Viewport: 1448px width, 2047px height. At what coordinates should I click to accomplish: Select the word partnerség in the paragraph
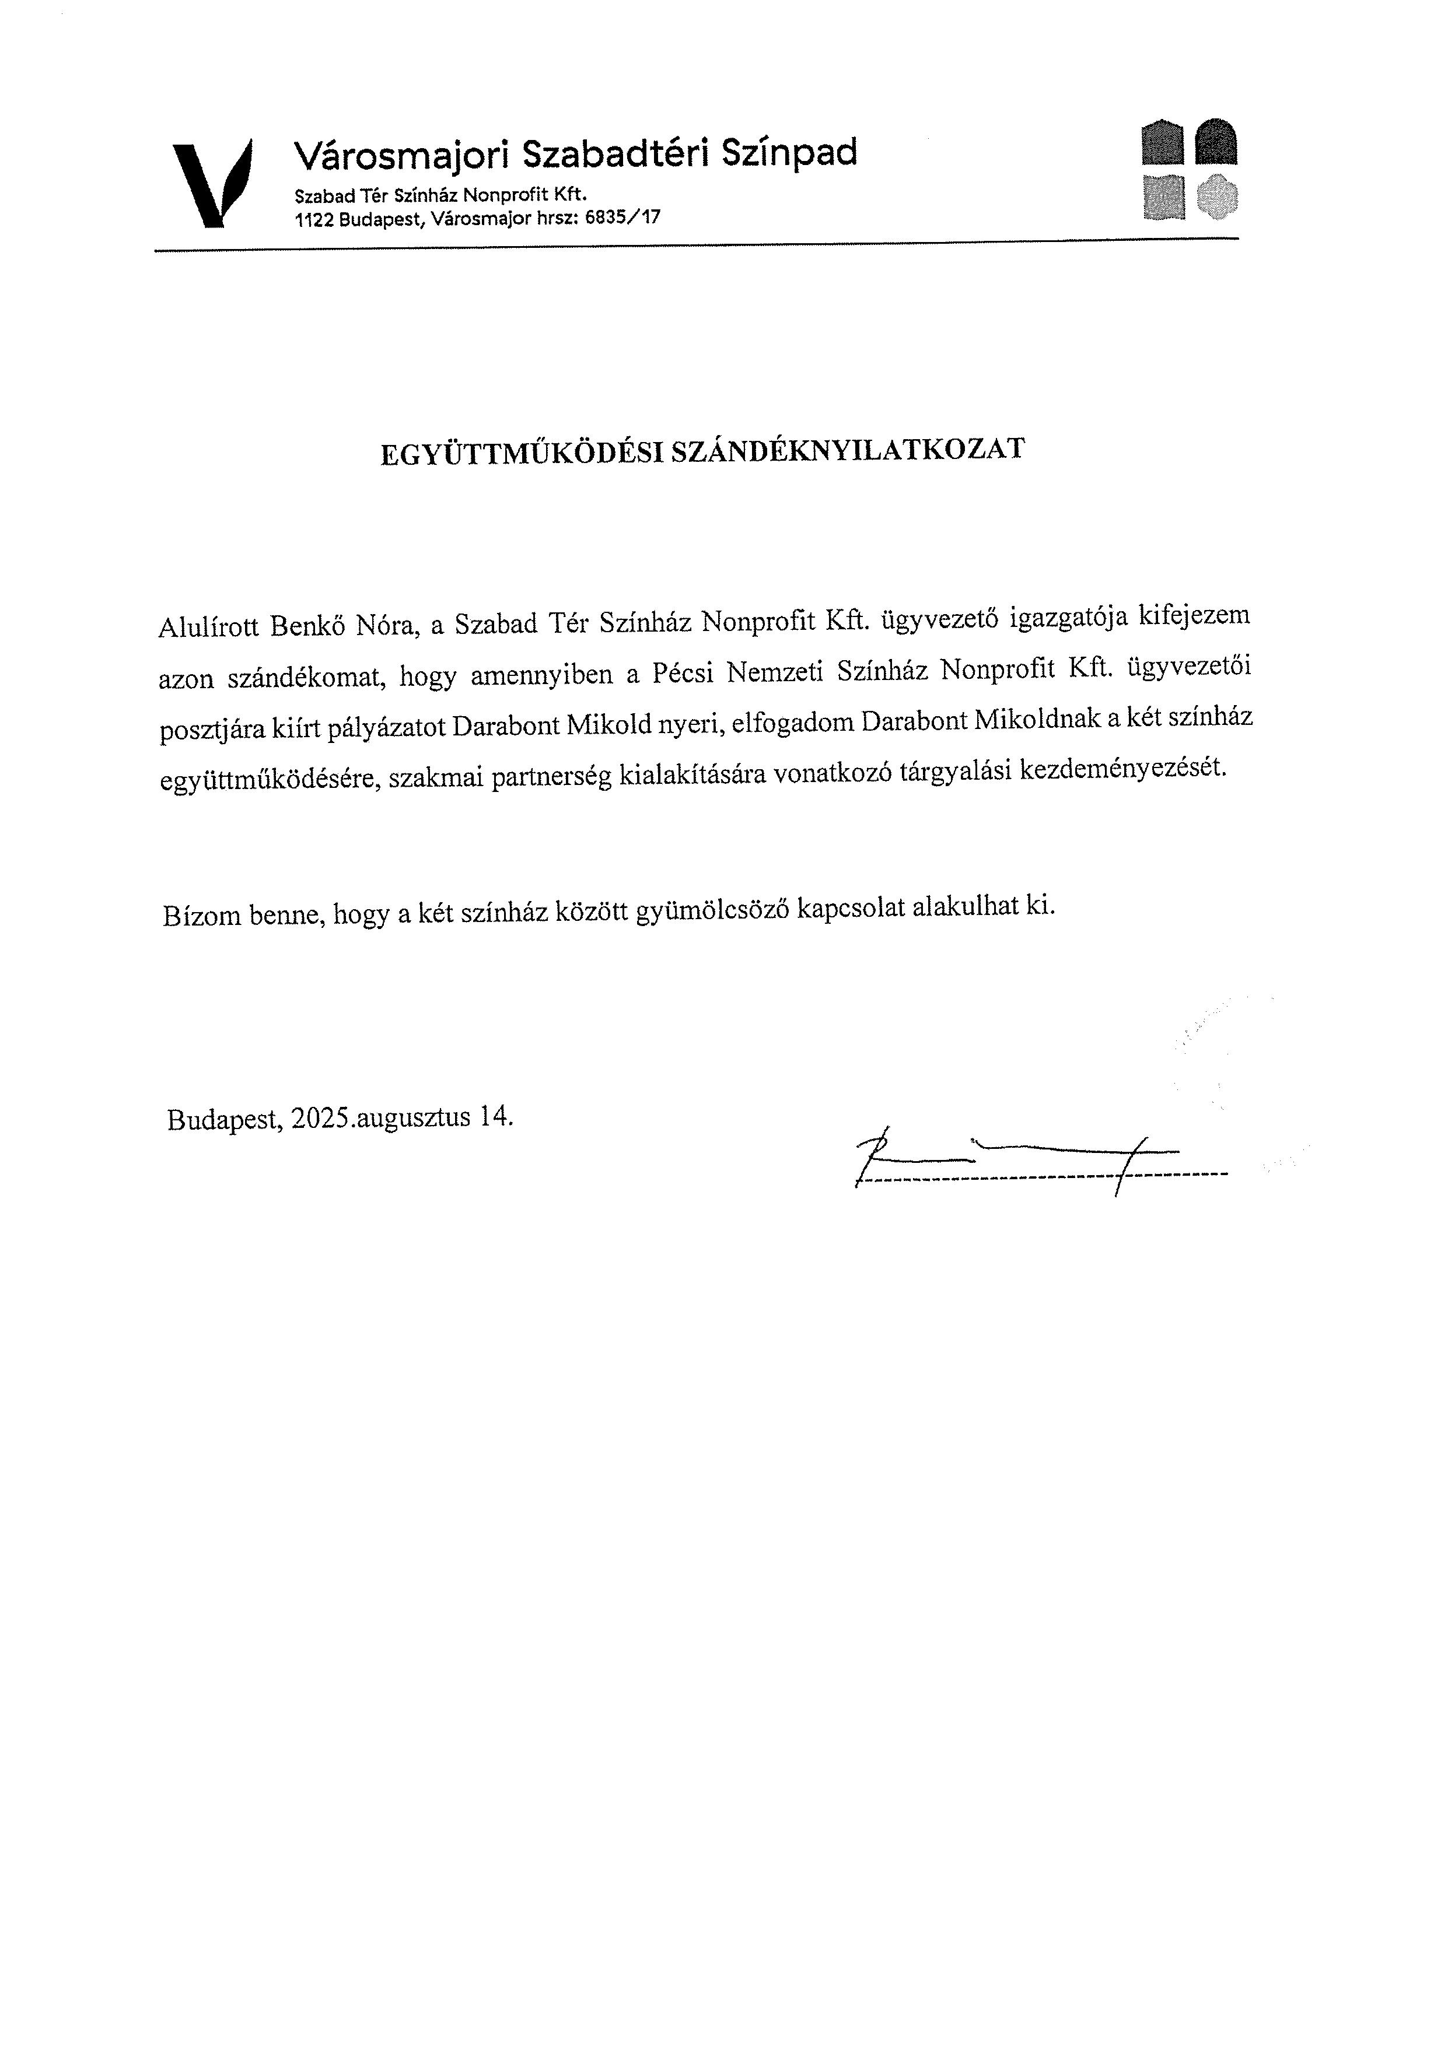(x=551, y=777)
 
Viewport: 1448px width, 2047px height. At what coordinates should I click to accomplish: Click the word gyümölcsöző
(x=712, y=910)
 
